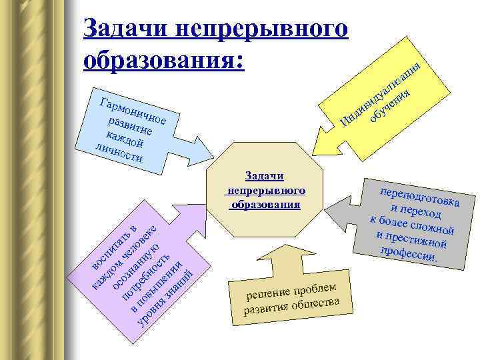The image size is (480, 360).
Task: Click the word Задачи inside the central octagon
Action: (265, 175)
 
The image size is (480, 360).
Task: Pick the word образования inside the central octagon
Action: (265, 202)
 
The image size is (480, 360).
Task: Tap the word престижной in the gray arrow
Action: (413, 238)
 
